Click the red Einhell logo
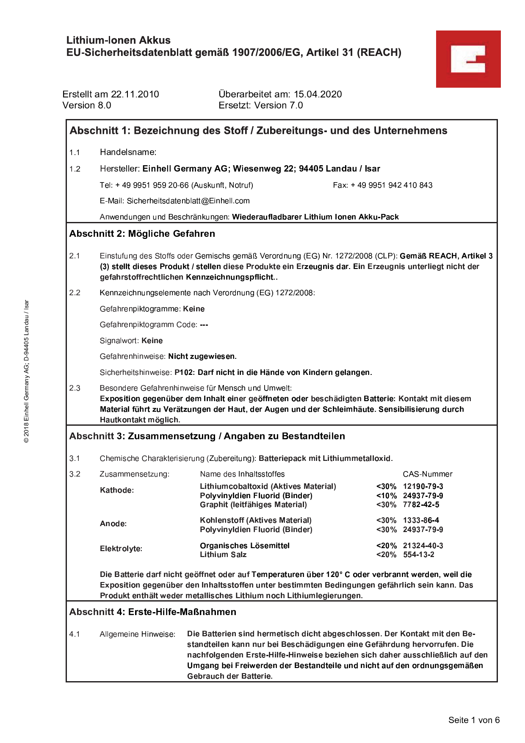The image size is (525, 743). pos(468,59)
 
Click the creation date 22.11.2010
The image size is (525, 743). pos(135,94)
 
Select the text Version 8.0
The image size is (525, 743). pos(87,105)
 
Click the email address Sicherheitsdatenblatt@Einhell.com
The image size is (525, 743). pos(188,201)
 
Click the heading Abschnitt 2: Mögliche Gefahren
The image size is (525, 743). pos(142,233)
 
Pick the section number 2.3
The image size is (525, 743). pos(75,388)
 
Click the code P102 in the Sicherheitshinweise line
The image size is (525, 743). pos(184,372)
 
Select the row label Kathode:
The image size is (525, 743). pos(117,490)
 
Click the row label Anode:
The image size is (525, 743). pos(113,524)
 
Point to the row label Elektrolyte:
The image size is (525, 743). pos(121,549)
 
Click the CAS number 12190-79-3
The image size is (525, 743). pos(423,486)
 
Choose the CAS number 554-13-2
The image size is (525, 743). pos(419,554)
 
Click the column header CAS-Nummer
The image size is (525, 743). pos(428,474)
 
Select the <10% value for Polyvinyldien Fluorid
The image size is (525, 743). pos(386,496)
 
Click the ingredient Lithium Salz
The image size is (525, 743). pos(223,554)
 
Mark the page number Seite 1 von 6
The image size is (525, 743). pos(474,720)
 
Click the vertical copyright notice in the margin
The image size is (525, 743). pos(26,371)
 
